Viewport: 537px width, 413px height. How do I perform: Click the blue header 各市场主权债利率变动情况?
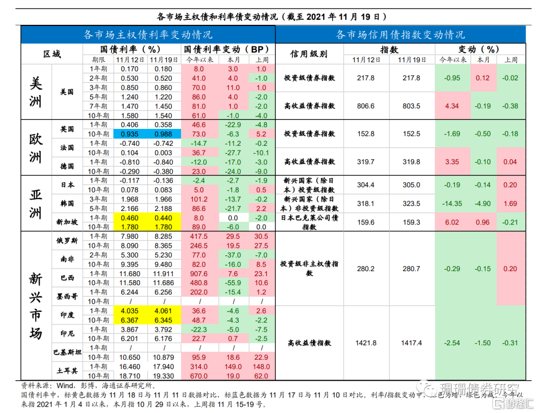tap(148, 35)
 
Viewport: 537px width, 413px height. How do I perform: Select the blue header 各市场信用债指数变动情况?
tap(400, 35)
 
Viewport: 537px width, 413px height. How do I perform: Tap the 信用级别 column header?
tap(308, 54)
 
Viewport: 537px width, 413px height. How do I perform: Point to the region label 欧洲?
tap(36, 147)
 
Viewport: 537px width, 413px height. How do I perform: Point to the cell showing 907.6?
tap(199, 274)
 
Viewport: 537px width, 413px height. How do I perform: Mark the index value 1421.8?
tap(366, 343)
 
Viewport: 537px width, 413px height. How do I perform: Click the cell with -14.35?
tap(453, 204)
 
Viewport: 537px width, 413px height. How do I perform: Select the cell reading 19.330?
tap(164, 376)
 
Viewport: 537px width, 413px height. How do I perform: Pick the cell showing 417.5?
tap(199, 236)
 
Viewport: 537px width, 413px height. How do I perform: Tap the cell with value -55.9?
tap(233, 283)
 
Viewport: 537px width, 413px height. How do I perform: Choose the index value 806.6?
tap(366, 106)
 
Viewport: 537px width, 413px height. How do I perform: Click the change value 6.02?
tap(453, 222)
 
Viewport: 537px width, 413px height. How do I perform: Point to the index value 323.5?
tap(412, 204)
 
